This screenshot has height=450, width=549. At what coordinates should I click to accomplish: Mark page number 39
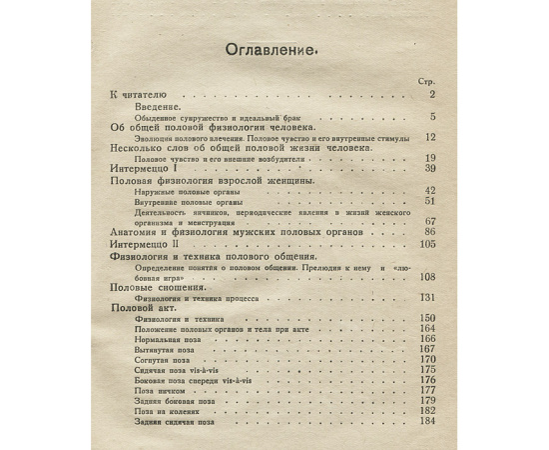[x=430, y=169]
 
